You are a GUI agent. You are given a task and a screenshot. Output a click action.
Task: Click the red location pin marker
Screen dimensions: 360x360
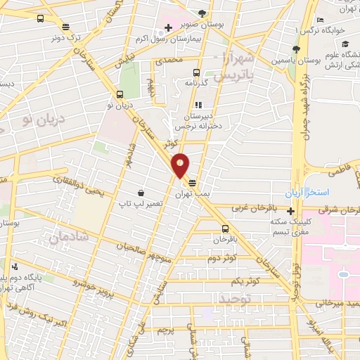coord(181,165)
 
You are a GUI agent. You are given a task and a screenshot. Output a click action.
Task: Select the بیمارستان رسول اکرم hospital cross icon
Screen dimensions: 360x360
coord(167,28)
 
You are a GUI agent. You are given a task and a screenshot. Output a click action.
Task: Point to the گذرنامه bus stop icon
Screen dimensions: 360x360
coord(195,72)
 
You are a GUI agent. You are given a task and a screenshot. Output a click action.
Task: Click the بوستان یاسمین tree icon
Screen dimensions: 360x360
coord(296,49)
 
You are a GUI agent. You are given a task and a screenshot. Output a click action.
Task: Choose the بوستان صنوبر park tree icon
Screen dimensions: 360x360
coord(202,13)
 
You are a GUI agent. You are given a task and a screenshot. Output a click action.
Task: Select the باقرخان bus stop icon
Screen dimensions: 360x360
coord(224,229)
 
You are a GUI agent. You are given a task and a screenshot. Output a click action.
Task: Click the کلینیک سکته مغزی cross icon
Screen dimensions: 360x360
coord(290,210)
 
